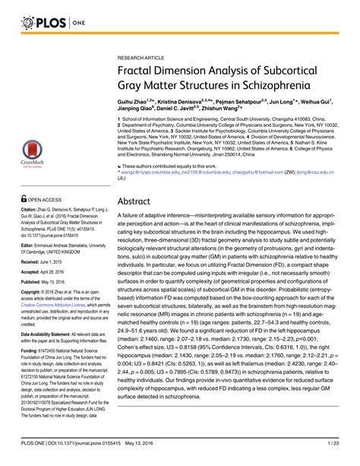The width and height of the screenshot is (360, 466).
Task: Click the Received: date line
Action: pyautogui.click(x=45, y=288)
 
